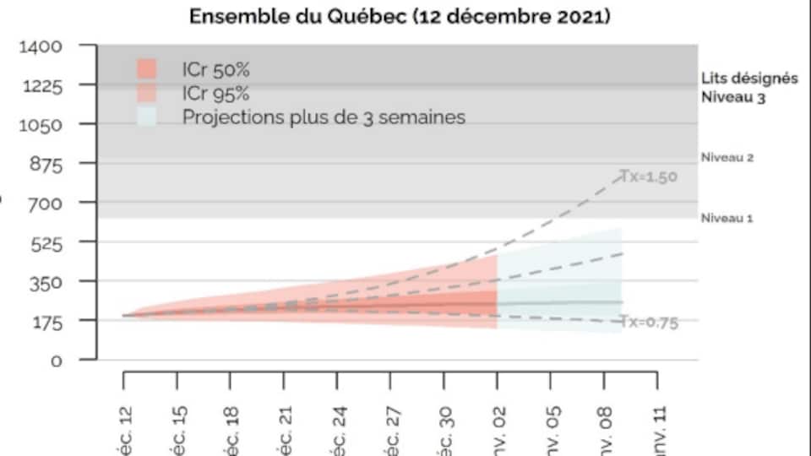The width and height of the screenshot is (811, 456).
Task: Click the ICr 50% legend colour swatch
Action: (147, 68)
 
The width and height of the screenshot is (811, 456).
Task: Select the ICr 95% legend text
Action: (215, 93)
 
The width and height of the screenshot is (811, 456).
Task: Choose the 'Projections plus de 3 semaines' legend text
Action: (324, 117)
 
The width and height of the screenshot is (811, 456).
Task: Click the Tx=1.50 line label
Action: (649, 176)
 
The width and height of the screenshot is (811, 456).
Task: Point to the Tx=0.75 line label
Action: (649, 322)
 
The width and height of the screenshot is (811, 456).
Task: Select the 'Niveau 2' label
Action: (727, 157)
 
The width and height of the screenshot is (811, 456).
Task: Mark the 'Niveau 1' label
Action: (727, 218)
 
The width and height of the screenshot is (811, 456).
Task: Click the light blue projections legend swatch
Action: (147, 117)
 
